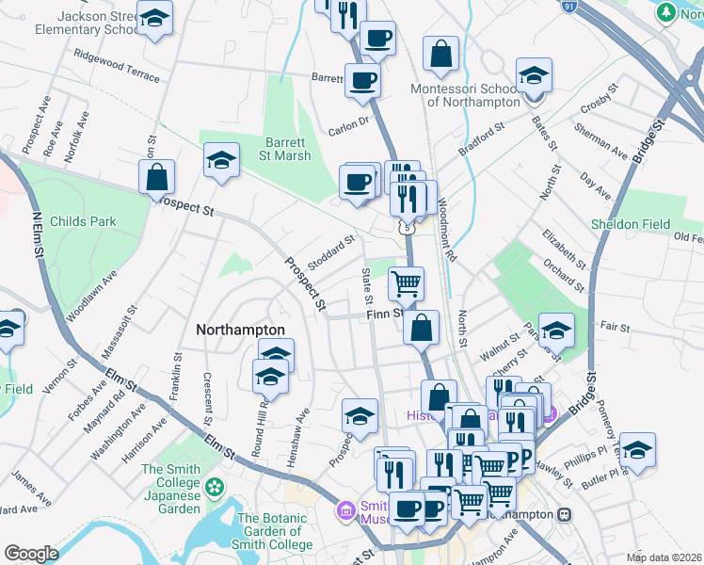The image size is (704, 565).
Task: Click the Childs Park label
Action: tap(84, 221)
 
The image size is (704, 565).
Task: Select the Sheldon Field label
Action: tap(630, 224)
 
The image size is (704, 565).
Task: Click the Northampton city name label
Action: tap(240, 330)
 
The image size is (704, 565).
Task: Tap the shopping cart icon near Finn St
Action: tap(406, 282)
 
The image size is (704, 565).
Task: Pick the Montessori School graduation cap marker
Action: tap(534, 73)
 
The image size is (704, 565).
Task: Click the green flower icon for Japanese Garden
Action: tap(216, 487)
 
